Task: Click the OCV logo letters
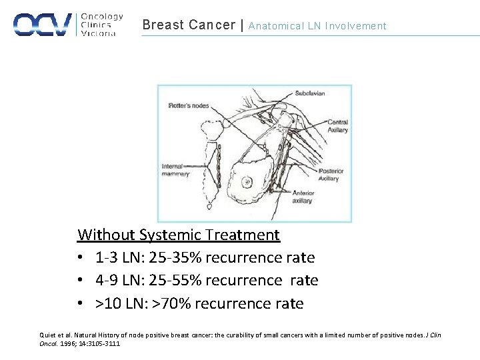tap(42, 24)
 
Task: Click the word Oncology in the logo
tap(102, 17)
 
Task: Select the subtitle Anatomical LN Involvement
tap(317, 26)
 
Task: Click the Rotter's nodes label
tap(189, 105)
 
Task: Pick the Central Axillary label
tap(337, 126)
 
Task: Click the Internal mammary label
tap(175, 170)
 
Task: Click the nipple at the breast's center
tap(247, 181)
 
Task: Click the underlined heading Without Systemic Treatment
tap(179, 235)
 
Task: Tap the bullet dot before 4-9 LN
tap(80, 281)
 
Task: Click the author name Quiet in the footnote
tap(49, 335)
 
